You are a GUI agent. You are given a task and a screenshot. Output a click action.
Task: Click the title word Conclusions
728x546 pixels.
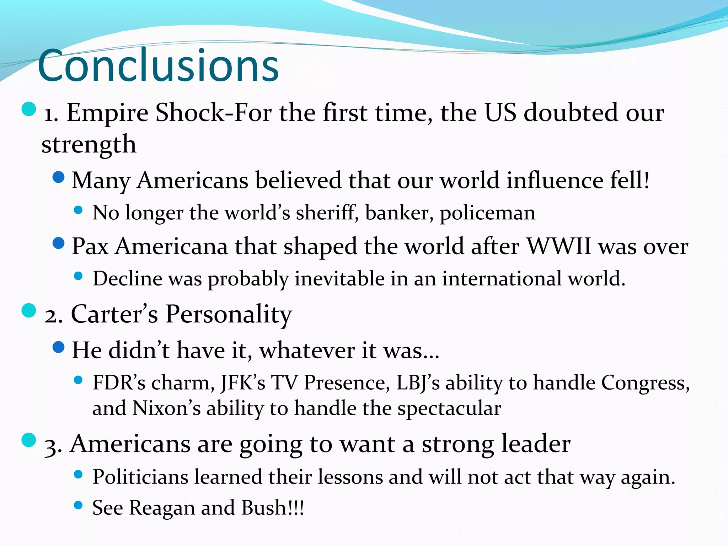click(x=158, y=66)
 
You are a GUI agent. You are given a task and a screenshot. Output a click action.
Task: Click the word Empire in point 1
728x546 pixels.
click(x=107, y=113)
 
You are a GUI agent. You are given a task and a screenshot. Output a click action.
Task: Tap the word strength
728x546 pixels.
click(x=89, y=145)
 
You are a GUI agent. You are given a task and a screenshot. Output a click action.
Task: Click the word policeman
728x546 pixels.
click(x=487, y=213)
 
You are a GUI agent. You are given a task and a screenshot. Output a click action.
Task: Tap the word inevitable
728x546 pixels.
click(x=339, y=278)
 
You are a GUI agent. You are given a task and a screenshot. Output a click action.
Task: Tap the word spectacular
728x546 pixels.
click(x=449, y=408)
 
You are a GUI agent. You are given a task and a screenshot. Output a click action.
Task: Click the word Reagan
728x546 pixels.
click(x=162, y=508)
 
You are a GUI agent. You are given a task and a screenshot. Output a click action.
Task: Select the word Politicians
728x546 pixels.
click(x=140, y=477)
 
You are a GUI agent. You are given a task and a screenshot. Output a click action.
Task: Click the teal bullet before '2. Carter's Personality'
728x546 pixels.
click(x=29, y=310)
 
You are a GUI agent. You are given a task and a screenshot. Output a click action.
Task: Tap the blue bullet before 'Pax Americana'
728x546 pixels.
click(x=58, y=243)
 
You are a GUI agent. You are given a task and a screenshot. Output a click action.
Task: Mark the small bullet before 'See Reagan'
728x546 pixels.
click(x=78, y=505)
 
